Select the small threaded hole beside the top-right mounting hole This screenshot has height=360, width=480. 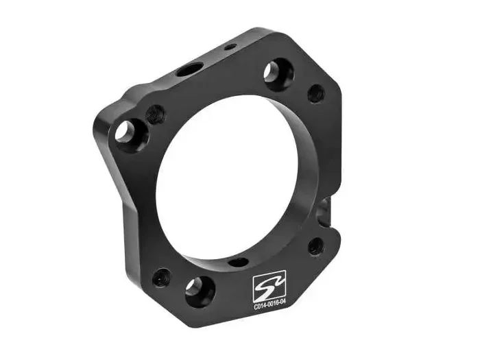click(315, 94)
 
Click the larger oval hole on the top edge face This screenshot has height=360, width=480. click(189, 69)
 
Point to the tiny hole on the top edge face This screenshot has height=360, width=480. click(230, 47)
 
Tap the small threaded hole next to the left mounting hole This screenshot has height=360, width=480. click(156, 113)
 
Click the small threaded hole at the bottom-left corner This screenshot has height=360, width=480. click(161, 278)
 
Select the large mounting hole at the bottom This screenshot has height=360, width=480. click(199, 290)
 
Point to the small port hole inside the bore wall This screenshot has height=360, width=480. click(238, 262)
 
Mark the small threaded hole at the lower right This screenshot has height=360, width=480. click(316, 246)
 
